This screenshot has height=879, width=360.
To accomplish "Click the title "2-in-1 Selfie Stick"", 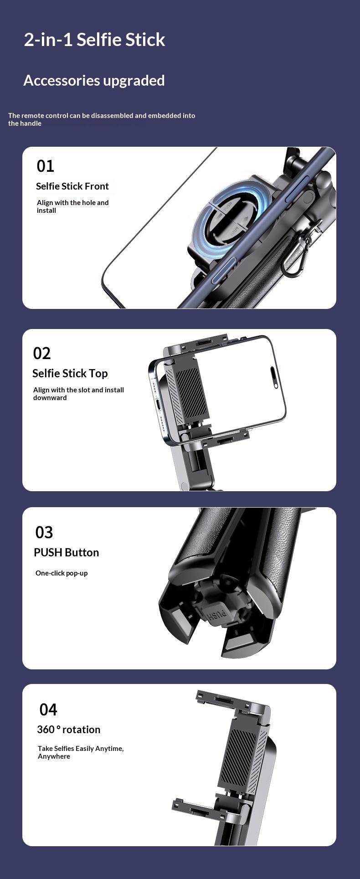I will coord(94,40).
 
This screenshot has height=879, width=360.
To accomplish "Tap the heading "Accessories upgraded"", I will coord(94,81).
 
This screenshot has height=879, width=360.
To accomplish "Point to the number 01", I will coord(46,166).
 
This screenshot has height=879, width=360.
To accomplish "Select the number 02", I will coord(42,354).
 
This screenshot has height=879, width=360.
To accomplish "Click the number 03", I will coord(44,532).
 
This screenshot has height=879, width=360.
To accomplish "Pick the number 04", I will coord(48,709).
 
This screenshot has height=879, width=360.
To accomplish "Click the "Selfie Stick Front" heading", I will coord(72,186).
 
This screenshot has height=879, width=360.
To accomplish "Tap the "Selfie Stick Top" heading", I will coord(70,374).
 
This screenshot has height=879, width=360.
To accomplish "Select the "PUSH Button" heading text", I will coord(67,553).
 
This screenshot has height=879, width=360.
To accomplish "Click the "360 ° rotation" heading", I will coord(69,730).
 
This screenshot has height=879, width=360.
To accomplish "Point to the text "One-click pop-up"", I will coord(62,573).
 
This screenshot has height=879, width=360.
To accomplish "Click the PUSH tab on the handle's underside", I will coord(218,616).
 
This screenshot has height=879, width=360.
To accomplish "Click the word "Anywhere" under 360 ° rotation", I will coord(54,756).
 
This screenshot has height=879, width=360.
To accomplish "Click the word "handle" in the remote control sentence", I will coord(31,123).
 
